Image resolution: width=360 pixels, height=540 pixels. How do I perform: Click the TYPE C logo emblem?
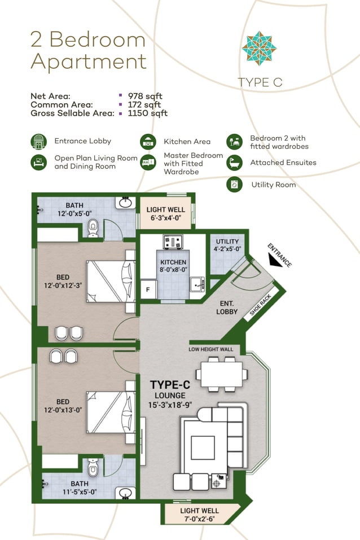click(260, 49)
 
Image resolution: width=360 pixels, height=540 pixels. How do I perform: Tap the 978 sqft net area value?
click(145, 96)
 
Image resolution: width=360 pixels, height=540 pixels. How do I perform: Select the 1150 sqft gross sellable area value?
click(147, 113)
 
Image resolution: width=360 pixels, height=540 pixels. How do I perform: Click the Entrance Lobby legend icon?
click(38, 142)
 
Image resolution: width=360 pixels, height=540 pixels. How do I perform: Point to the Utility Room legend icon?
click(234, 185)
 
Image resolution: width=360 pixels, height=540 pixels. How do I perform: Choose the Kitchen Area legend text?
click(187, 142)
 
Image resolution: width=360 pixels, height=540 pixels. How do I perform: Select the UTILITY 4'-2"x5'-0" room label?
click(227, 245)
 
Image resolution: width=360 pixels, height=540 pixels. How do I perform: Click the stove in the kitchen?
click(172, 242)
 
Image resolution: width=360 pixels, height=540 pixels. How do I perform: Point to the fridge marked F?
click(148, 288)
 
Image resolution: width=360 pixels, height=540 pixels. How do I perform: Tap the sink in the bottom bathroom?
click(124, 493)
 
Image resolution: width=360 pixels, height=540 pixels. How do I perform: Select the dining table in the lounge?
click(221, 373)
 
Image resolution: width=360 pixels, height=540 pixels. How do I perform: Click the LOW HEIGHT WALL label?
click(210, 349)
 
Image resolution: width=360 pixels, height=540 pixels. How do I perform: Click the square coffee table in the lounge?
click(203, 447)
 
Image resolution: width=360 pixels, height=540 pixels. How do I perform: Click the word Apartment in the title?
click(88, 62)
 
